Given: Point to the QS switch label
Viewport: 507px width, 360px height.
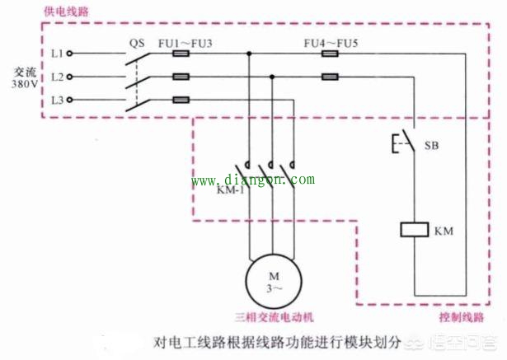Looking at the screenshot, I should click(x=137, y=39).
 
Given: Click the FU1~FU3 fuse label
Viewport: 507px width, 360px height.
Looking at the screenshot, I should click(x=185, y=39).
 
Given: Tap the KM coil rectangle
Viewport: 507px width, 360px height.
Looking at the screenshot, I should click(x=413, y=229).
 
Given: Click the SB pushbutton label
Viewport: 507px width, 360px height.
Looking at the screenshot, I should click(x=431, y=145).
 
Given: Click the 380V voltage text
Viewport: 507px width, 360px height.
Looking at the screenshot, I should click(x=22, y=84).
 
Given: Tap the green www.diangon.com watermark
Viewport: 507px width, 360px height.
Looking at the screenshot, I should click(x=253, y=180).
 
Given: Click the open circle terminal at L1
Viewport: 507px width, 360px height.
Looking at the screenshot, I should click(x=69, y=54).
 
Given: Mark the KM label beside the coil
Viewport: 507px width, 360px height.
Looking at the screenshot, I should click(x=443, y=231).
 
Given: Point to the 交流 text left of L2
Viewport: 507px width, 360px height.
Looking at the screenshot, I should click(x=22, y=72).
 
